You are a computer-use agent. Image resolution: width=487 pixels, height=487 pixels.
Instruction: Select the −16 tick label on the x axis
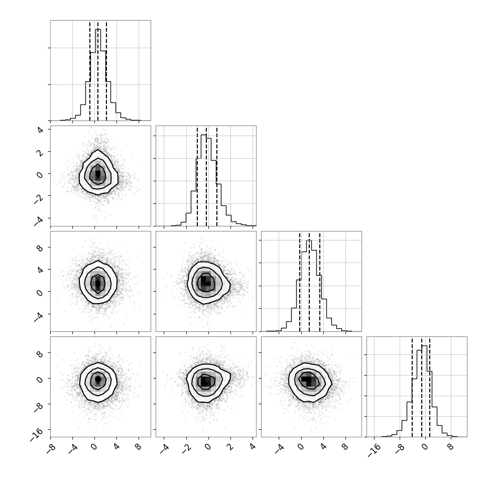tap(374, 451)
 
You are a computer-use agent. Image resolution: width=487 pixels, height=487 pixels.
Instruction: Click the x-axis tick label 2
tap(230, 447)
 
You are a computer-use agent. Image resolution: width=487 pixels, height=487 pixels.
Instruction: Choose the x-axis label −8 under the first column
tap(51, 449)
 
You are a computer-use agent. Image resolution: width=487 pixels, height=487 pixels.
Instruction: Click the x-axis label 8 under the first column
tap(138, 447)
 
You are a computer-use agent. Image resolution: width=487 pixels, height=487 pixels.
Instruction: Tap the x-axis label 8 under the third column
tap(345, 447)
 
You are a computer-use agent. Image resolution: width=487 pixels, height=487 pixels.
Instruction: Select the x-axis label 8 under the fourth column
tap(450, 447)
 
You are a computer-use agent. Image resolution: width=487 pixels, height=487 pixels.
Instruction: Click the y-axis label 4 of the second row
tap(40, 130)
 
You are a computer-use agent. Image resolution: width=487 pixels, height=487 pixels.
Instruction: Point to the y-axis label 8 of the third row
tap(40, 248)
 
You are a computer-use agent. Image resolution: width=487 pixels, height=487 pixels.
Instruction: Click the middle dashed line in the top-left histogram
tap(98, 71)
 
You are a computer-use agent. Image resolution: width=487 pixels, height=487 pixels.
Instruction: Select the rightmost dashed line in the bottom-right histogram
tap(430, 387)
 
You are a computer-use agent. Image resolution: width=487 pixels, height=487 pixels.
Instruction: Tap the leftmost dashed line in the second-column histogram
tap(197, 176)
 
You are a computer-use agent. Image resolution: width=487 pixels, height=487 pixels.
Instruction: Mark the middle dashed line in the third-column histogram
tap(309, 282)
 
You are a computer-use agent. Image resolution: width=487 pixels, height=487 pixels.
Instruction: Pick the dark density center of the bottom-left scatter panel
tap(98, 379)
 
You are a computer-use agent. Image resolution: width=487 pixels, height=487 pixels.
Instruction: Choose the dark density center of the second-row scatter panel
tap(98, 174)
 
